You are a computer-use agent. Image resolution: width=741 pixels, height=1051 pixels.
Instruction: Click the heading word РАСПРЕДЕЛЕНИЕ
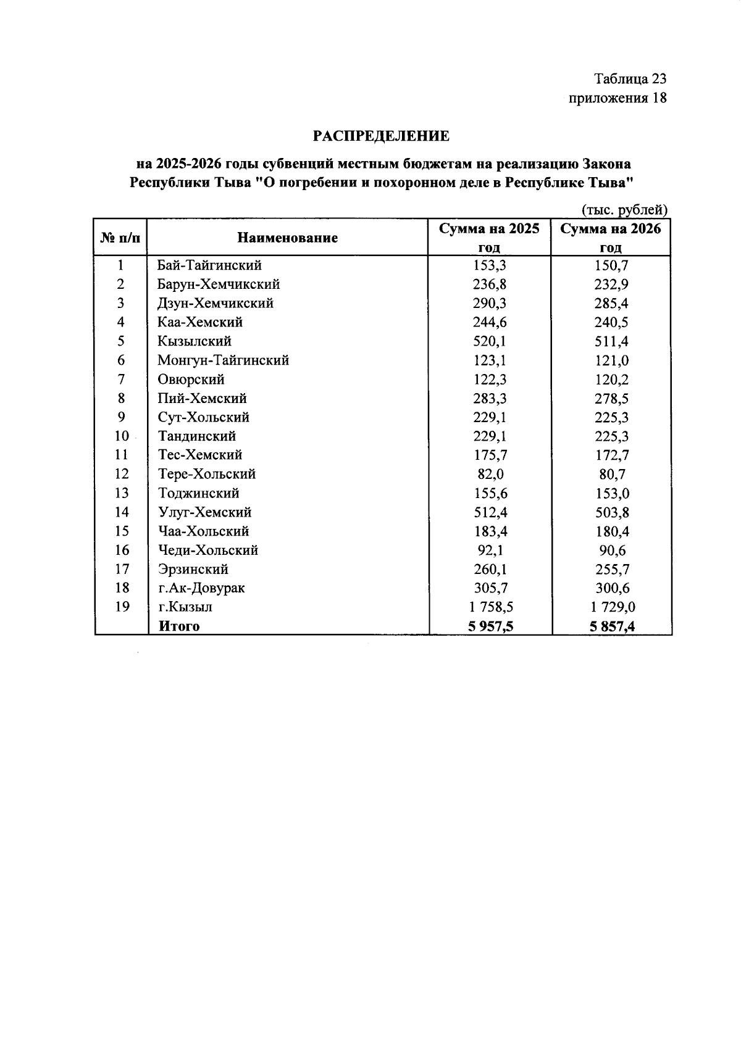pos(381,136)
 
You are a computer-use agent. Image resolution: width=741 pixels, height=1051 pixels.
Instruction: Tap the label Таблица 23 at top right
pos(630,79)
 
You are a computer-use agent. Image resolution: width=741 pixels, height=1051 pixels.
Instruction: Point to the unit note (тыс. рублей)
pos(624,210)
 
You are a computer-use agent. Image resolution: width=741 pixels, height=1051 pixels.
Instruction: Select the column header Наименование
pos(288,238)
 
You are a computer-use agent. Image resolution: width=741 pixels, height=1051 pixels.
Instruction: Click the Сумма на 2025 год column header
pos(489,238)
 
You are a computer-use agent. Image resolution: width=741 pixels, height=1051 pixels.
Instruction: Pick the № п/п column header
pos(121,238)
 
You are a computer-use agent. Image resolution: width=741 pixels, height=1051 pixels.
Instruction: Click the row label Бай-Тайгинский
pos(209,265)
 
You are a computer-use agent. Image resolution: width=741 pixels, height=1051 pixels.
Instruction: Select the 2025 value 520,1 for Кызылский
pos(489,341)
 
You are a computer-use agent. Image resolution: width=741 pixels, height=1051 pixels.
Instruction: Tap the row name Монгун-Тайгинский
pos(223,360)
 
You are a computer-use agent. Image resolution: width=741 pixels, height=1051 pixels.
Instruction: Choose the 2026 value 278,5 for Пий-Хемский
pos(611,399)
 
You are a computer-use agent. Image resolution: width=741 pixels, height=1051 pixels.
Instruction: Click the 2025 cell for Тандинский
pos(489,436)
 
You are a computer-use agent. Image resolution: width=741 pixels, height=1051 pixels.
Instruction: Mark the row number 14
pos(122,512)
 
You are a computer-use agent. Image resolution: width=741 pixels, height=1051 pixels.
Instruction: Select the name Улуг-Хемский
pos(204,512)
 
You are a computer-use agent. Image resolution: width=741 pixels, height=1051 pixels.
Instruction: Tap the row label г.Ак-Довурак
pos(201,588)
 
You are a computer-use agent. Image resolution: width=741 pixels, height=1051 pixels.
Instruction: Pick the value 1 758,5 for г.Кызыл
pos(489,607)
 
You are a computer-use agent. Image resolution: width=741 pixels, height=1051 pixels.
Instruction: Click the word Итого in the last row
pos(179,626)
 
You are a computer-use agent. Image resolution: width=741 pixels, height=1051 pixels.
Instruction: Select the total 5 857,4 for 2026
pos(611,627)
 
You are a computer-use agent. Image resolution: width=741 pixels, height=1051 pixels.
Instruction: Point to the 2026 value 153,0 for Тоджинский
pos(611,494)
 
